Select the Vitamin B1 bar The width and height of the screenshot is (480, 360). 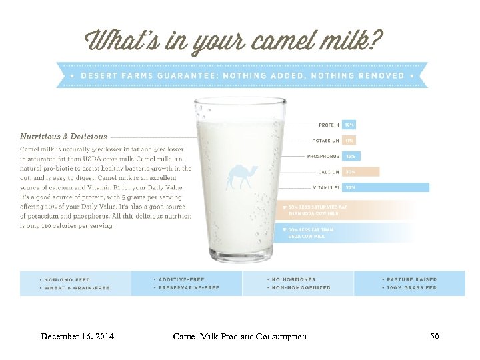[x=386, y=187]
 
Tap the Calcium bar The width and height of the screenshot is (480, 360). [x=361, y=172]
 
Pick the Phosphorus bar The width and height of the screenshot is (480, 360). [x=351, y=156]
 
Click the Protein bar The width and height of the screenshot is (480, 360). [x=349, y=125]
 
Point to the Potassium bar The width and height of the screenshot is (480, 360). [x=349, y=141]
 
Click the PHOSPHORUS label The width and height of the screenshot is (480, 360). [x=323, y=156]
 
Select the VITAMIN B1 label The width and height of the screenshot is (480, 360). [x=324, y=187]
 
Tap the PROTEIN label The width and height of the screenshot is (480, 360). [x=328, y=125]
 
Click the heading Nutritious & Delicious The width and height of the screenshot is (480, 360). [x=63, y=137]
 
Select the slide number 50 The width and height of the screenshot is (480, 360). [x=435, y=337]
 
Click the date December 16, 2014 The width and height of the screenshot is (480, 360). [x=77, y=337]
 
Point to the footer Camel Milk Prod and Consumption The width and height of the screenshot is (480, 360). [x=239, y=337]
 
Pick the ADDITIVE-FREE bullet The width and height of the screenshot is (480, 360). [x=181, y=279]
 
